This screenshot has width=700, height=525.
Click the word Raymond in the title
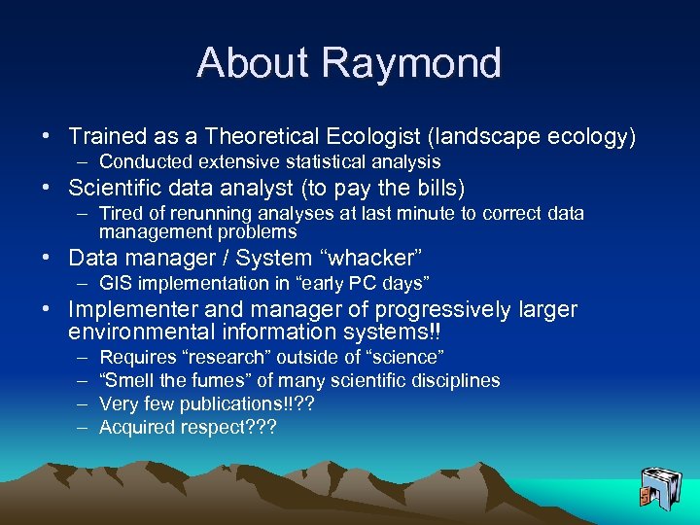point(411,63)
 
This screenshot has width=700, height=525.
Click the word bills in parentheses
point(435,188)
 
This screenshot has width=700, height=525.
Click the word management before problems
point(151,232)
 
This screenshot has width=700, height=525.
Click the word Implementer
point(126,309)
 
